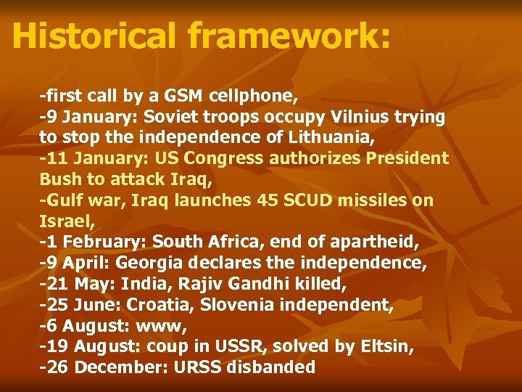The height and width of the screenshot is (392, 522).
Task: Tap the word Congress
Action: [216, 158]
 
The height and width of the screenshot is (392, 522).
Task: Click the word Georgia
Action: [151, 263]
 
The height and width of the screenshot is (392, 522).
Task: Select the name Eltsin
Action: [384, 347]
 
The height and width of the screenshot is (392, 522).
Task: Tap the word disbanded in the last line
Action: [271, 367]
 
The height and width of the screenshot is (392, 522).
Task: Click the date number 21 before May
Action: [59, 284]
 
